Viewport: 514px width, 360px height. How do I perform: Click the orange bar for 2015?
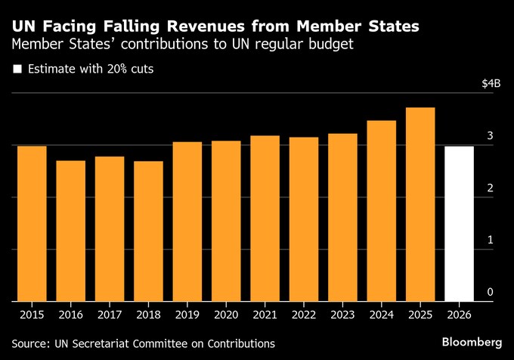click(x=32, y=223)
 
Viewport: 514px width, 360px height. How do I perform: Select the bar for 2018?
click(x=148, y=231)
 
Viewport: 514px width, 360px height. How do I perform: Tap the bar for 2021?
click(x=265, y=218)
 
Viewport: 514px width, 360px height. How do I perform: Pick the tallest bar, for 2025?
click(x=420, y=204)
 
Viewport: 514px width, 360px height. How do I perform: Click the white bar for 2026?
click(x=459, y=223)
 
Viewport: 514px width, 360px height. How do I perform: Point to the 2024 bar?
click(x=381, y=210)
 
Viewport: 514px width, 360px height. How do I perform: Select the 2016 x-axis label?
click(x=70, y=313)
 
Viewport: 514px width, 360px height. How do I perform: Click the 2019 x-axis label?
click(x=187, y=313)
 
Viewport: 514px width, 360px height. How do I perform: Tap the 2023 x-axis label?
click(x=342, y=313)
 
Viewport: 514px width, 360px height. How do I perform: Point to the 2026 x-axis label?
click(x=459, y=313)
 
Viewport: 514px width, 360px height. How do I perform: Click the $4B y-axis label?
click(x=491, y=84)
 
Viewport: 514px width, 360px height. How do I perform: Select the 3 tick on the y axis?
click(x=490, y=136)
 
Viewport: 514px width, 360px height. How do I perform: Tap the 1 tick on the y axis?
click(x=490, y=240)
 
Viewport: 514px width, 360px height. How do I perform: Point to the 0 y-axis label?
click(x=490, y=292)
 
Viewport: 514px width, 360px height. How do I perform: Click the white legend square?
click(x=17, y=70)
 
